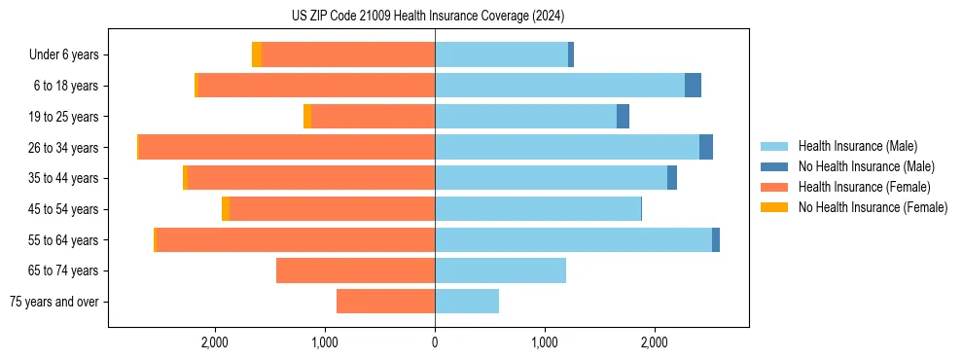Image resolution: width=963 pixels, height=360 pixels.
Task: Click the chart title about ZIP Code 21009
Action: (427, 17)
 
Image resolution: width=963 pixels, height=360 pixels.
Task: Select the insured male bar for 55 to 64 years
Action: (573, 239)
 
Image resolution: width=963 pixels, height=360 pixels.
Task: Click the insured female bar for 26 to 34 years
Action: (287, 147)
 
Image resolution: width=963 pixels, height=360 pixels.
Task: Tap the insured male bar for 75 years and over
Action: (467, 302)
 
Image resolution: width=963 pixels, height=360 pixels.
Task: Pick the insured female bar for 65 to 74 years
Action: (355, 270)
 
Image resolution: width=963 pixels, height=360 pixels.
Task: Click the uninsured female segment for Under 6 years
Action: (257, 54)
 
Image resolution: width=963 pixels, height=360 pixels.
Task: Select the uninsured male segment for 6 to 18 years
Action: (693, 86)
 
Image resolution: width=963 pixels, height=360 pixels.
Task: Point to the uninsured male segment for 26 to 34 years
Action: (706, 147)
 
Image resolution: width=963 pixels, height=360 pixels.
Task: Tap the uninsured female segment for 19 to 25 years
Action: (307, 117)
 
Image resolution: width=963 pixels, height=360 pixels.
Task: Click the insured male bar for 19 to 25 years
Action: (525, 117)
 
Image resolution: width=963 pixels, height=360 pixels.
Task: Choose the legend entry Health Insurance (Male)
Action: (857, 146)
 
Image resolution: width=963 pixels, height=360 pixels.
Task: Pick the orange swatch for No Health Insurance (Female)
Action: (774, 207)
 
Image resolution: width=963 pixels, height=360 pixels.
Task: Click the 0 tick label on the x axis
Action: (435, 342)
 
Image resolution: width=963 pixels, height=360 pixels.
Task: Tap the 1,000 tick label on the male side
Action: (545, 342)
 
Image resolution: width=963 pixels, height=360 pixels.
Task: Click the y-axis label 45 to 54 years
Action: (64, 209)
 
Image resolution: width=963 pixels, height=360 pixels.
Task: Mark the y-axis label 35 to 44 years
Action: (64, 178)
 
